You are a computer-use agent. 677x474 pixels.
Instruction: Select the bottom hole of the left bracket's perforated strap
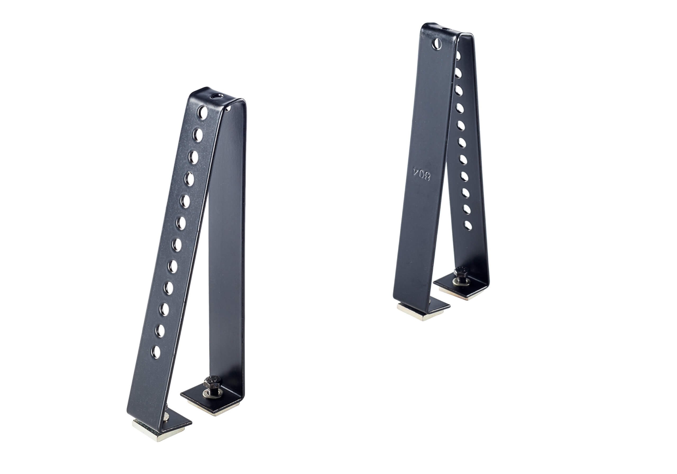(x=156, y=352)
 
